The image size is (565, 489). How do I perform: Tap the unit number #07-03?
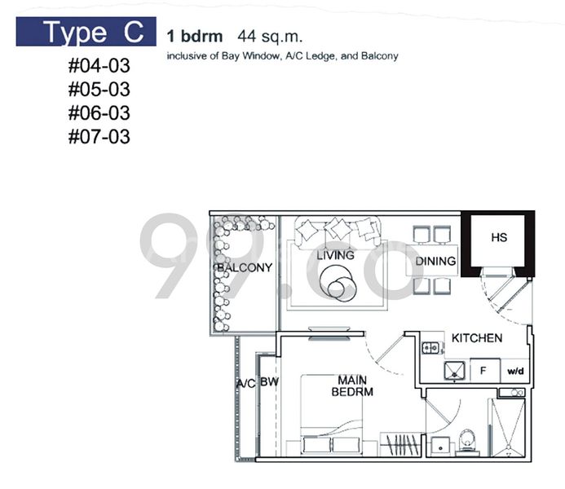pos(99,136)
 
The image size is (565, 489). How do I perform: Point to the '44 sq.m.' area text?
pos(265,36)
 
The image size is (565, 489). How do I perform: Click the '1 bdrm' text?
pos(194,36)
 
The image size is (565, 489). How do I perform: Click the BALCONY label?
pos(244,267)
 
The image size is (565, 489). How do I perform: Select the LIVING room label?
pos(335,255)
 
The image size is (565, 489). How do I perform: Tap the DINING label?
pos(435,262)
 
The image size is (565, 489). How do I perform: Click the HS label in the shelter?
pos(498,238)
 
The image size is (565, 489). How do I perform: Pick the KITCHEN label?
pos(476,337)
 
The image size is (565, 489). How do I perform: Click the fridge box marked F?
pos(483,371)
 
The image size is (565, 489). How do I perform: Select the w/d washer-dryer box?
pos(515,372)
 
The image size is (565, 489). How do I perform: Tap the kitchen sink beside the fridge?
pos(453,372)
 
